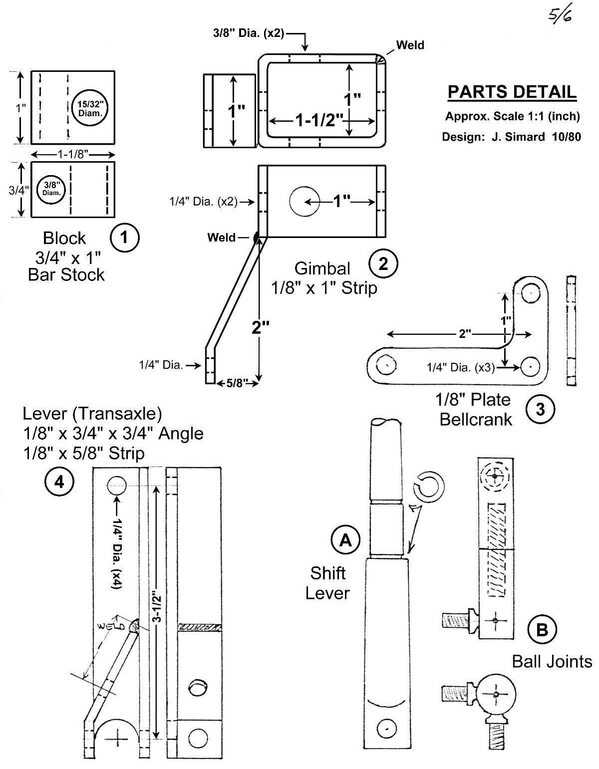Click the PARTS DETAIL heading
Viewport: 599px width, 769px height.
tap(512, 92)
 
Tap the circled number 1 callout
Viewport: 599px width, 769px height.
tap(124, 238)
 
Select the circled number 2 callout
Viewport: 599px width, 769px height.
tap(383, 263)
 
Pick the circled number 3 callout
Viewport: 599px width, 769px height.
tap(540, 409)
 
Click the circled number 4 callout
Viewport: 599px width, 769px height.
tap(59, 482)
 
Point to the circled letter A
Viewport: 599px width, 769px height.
tap(345, 540)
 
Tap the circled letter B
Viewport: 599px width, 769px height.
tap(542, 630)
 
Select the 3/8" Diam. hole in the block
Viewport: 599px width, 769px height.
tap(51, 189)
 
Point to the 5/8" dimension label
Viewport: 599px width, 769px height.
tap(237, 383)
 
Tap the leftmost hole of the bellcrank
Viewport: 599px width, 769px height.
tap(386, 365)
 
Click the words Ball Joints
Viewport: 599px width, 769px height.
tap(552, 662)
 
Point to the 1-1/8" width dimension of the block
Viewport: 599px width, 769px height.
tap(72, 154)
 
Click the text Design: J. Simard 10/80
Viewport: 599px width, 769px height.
tap(511, 137)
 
